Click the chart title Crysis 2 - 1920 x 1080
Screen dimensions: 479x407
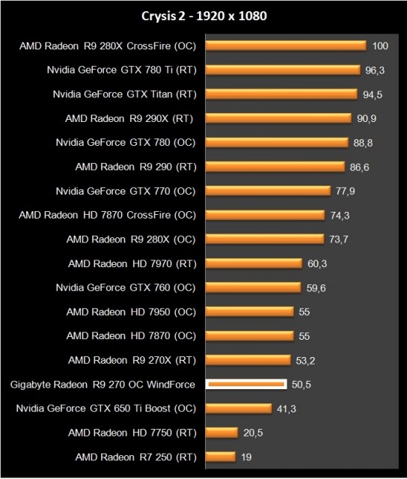pos(203,16)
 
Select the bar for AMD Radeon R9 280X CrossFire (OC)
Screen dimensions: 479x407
pos(285,46)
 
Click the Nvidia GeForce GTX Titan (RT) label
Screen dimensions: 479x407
pos(125,94)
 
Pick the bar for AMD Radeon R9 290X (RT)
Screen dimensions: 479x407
pos(278,118)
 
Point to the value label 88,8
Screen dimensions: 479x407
pos(363,142)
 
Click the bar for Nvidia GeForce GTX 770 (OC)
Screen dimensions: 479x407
pos(268,190)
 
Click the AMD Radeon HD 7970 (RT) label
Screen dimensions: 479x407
pos(132,263)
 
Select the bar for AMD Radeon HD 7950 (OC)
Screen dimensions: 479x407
pos(249,311)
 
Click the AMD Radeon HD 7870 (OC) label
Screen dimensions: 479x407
pos(132,335)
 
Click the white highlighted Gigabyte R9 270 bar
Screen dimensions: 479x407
pos(246,384)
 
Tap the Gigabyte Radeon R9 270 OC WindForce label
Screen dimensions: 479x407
pos(103,385)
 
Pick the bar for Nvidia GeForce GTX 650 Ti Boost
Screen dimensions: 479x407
pos(239,408)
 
